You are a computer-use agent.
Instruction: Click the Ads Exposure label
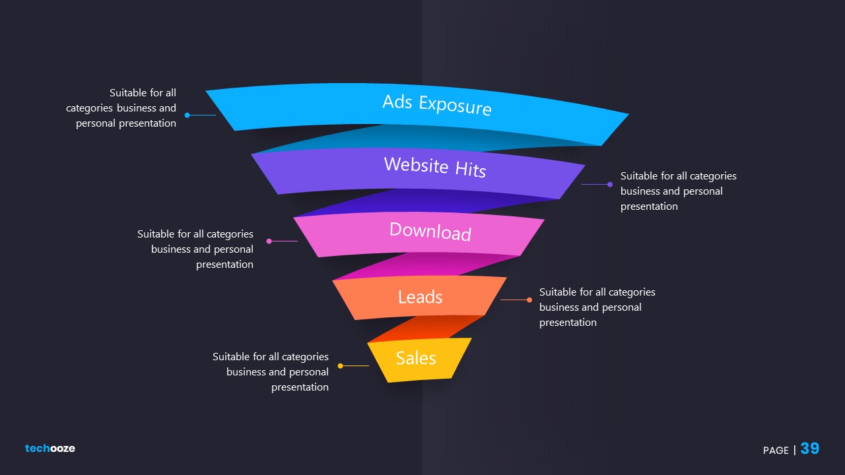tap(436, 104)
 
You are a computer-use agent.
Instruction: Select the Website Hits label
tap(434, 166)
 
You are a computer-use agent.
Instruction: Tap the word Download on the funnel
tap(430, 231)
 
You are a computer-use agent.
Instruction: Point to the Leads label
tap(420, 297)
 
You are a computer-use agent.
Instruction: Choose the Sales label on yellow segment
tap(416, 358)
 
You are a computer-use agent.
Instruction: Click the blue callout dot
tap(187, 115)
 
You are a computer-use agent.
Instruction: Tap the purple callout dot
tap(610, 185)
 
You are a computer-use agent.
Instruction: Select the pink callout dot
tap(269, 241)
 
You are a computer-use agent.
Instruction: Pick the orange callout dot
tap(529, 300)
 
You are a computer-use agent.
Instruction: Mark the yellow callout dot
tap(340, 365)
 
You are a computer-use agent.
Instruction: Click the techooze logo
tap(50, 449)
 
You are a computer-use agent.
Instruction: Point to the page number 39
tap(809, 449)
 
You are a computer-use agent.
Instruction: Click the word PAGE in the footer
tap(776, 451)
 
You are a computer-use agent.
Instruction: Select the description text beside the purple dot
tap(678, 191)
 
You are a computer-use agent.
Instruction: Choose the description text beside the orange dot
tap(597, 307)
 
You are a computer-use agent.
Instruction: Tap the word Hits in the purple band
tap(470, 169)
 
